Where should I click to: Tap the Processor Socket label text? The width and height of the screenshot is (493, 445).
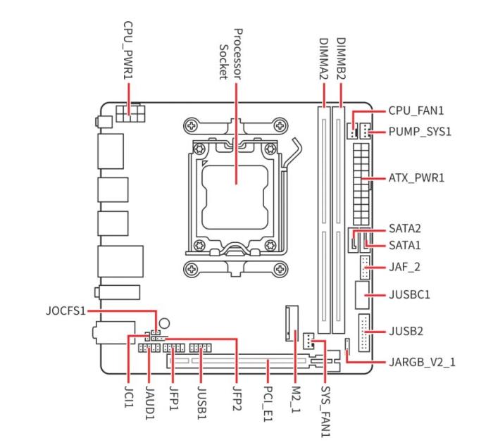tap(231, 54)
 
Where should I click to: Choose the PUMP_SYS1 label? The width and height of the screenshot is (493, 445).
tap(421, 131)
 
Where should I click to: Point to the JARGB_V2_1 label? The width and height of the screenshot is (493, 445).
tap(423, 363)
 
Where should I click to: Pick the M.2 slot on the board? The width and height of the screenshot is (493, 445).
tap(291, 323)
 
